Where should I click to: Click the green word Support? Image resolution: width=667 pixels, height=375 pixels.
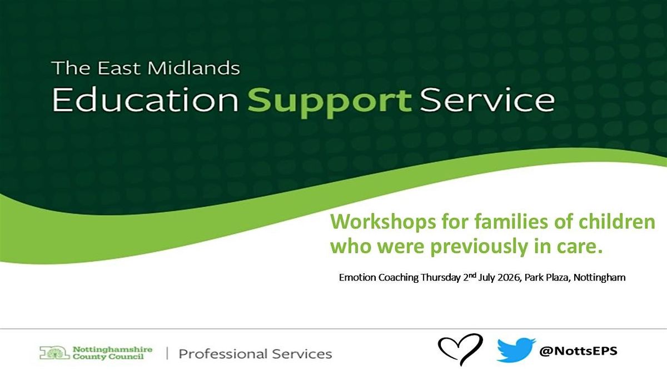(x=330, y=103)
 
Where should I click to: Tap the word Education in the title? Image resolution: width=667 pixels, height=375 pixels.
(x=146, y=99)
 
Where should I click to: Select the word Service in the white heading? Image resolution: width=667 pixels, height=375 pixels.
(x=487, y=99)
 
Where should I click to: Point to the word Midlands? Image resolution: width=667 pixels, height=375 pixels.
(x=193, y=68)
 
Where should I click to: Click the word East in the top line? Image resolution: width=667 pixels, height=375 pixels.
(x=119, y=68)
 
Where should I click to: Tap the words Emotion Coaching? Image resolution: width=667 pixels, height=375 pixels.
(x=379, y=278)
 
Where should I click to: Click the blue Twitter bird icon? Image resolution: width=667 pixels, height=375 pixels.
(x=516, y=350)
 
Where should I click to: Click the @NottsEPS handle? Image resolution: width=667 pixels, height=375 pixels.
(x=578, y=351)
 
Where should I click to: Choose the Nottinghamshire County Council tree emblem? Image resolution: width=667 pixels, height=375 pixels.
(x=54, y=353)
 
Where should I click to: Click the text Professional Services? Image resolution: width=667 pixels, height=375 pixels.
(x=255, y=354)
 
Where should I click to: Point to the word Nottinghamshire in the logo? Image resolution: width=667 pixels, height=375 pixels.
(x=112, y=349)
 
